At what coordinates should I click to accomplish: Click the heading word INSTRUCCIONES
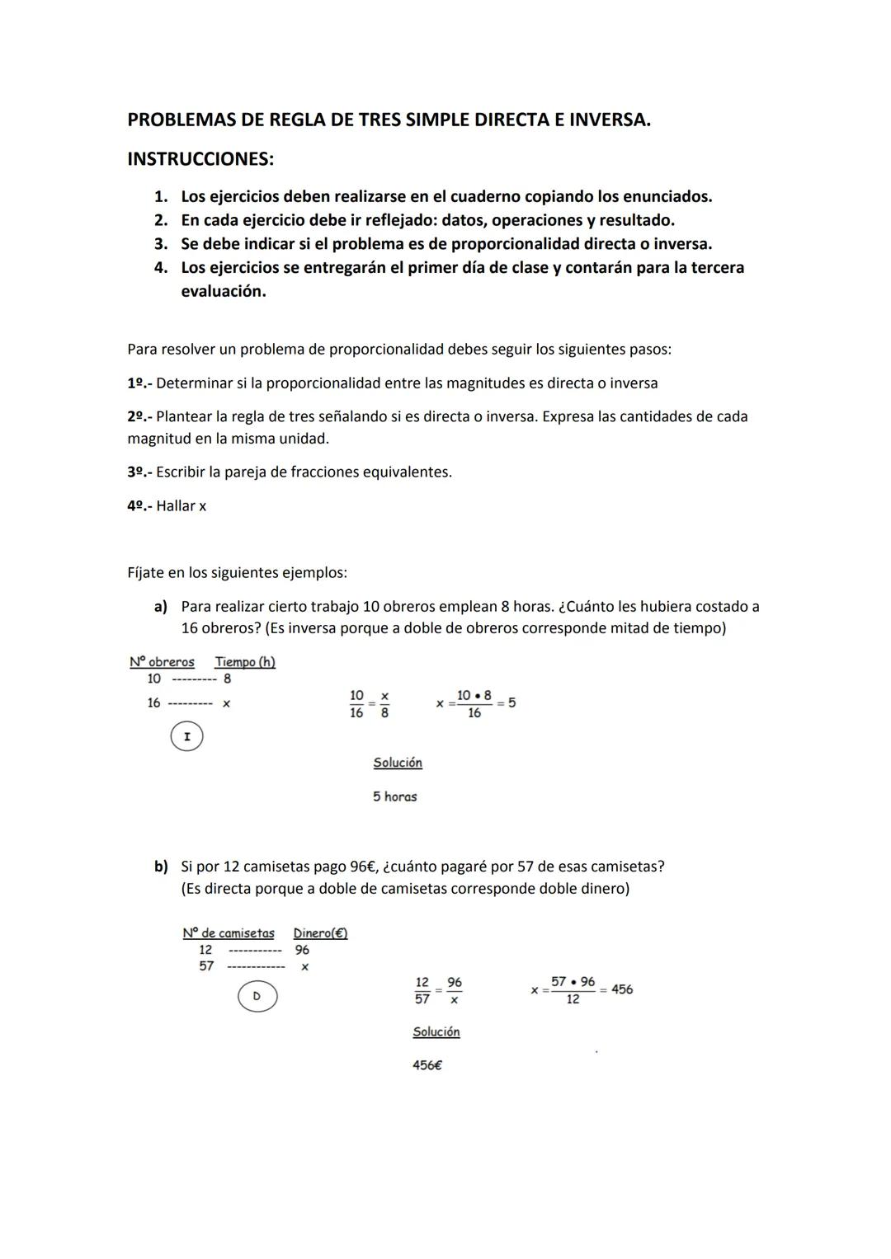coord(200,159)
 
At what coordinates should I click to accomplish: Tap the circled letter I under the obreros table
coord(186,736)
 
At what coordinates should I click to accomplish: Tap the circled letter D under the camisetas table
coord(257,996)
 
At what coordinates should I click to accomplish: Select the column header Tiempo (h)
coord(245,662)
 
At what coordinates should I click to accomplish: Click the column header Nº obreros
coord(162,662)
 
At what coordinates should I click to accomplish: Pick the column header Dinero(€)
coord(320,933)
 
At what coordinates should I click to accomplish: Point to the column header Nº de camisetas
coord(229,933)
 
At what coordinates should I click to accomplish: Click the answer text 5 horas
coord(394,796)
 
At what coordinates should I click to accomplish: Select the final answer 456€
coord(427,1065)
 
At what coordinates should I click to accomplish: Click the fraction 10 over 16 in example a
coord(356,704)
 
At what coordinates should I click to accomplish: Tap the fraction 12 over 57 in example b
coord(422,990)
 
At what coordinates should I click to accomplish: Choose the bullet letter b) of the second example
coord(161,867)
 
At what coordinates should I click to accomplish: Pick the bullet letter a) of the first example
coord(161,607)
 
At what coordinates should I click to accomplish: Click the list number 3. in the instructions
coord(161,244)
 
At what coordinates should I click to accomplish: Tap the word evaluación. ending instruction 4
coord(224,291)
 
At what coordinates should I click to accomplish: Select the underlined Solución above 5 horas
coord(398,763)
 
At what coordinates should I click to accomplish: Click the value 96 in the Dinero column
coord(302,950)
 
